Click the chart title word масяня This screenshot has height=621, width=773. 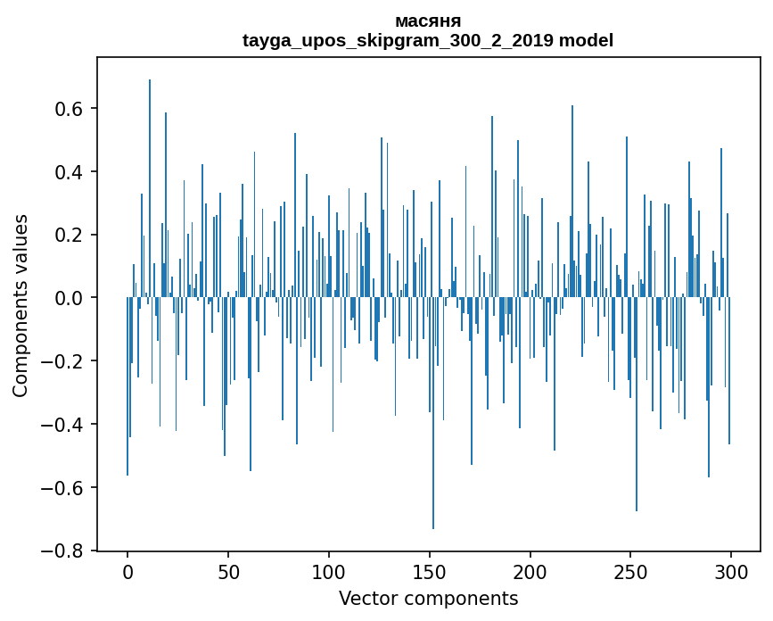pyautogui.click(x=427, y=21)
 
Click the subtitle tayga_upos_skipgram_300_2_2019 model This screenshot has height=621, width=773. pyautogui.click(x=427, y=40)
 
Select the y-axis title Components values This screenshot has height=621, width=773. pyautogui.click(x=21, y=305)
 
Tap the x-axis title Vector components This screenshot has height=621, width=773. pyautogui.click(x=428, y=598)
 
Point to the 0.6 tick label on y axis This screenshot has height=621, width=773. pyautogui.click(x=70, y=109)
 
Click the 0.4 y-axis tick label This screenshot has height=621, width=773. pyautogui.click(x=70, y=172)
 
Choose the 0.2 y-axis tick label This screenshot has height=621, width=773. pyautogui.click(x=70, y=236)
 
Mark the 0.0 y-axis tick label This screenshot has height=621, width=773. pyautogui.click(x=70, y=298)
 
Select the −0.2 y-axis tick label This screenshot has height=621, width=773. pyautogui.click(x=64, y=361)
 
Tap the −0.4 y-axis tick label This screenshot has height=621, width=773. pyautogui.click(x=64, y=425)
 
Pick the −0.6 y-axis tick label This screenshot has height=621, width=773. pyautogui.click(x=64, y=488)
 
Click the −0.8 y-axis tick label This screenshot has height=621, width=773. pyautogui.click(x=64, y=551)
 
